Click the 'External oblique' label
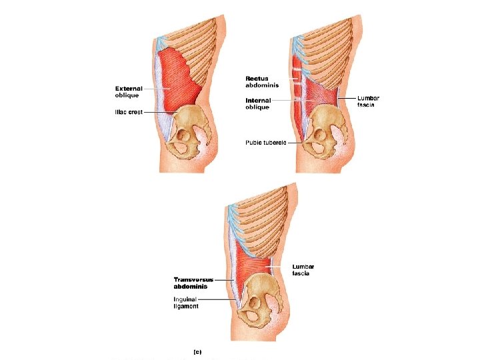(128, 91)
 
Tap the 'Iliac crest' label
(127, 112)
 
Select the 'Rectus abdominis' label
(258, 82)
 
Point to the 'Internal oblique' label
(257, 103)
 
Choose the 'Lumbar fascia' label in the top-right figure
(369, 101)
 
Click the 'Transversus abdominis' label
(190, 283)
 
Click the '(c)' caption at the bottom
(197, 351)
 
